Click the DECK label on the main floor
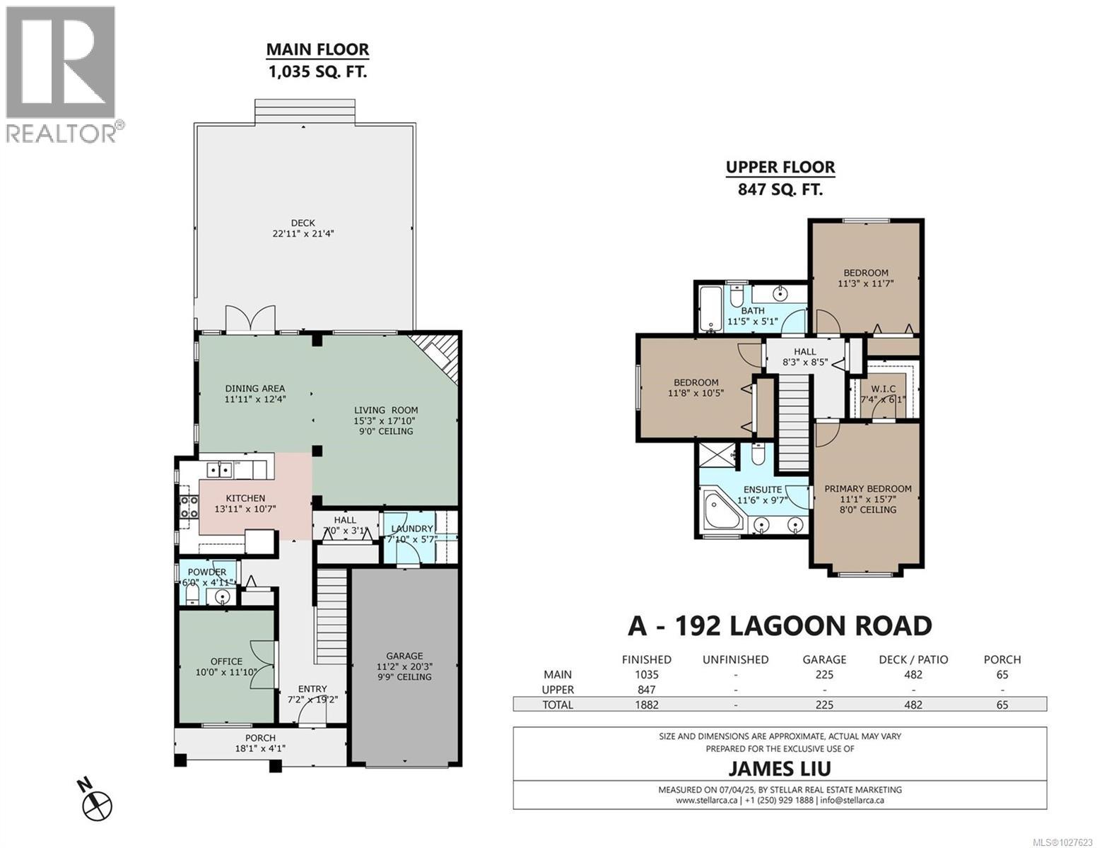click(303, 223)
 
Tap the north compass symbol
click(98, 803)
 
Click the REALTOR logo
click(62, 74)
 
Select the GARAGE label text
click(404, 656)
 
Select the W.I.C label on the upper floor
click(883, 389)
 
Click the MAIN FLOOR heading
click(317, 49)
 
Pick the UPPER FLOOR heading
click(780, 167)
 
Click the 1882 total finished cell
click(646, 705)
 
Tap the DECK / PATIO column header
click(913, 659)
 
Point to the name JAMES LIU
click(780, 768)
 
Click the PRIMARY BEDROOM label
click(868, 488)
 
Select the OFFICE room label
click(225, 661)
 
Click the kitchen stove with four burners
click(189, 507)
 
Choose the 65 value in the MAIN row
click(1002, 675)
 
